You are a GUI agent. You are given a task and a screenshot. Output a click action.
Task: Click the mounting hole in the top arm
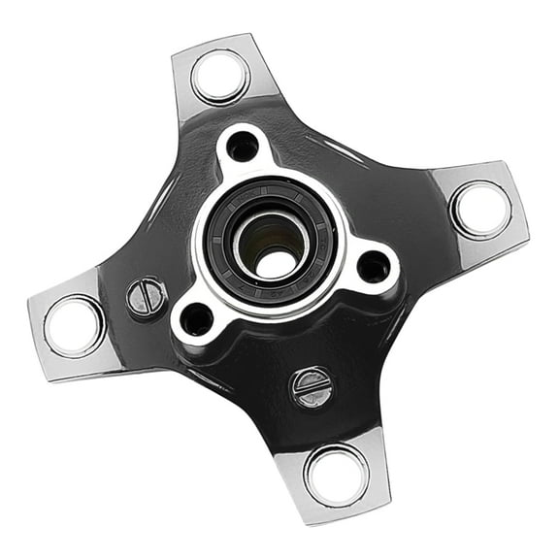[x=219, y=77]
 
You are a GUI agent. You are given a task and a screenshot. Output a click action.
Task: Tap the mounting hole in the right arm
[x=479, y=209]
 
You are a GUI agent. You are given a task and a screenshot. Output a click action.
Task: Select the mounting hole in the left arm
[x=73, y=325]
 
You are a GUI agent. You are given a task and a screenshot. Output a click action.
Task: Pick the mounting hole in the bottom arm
[x=336, y=474]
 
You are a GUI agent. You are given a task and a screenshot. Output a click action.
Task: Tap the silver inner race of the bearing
[x=254, y=229]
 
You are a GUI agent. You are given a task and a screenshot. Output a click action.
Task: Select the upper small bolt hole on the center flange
[x=242, y=147]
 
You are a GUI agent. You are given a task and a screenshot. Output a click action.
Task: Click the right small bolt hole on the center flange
[x=374, y=266]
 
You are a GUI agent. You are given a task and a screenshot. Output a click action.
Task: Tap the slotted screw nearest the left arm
[x=146, y=297]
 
